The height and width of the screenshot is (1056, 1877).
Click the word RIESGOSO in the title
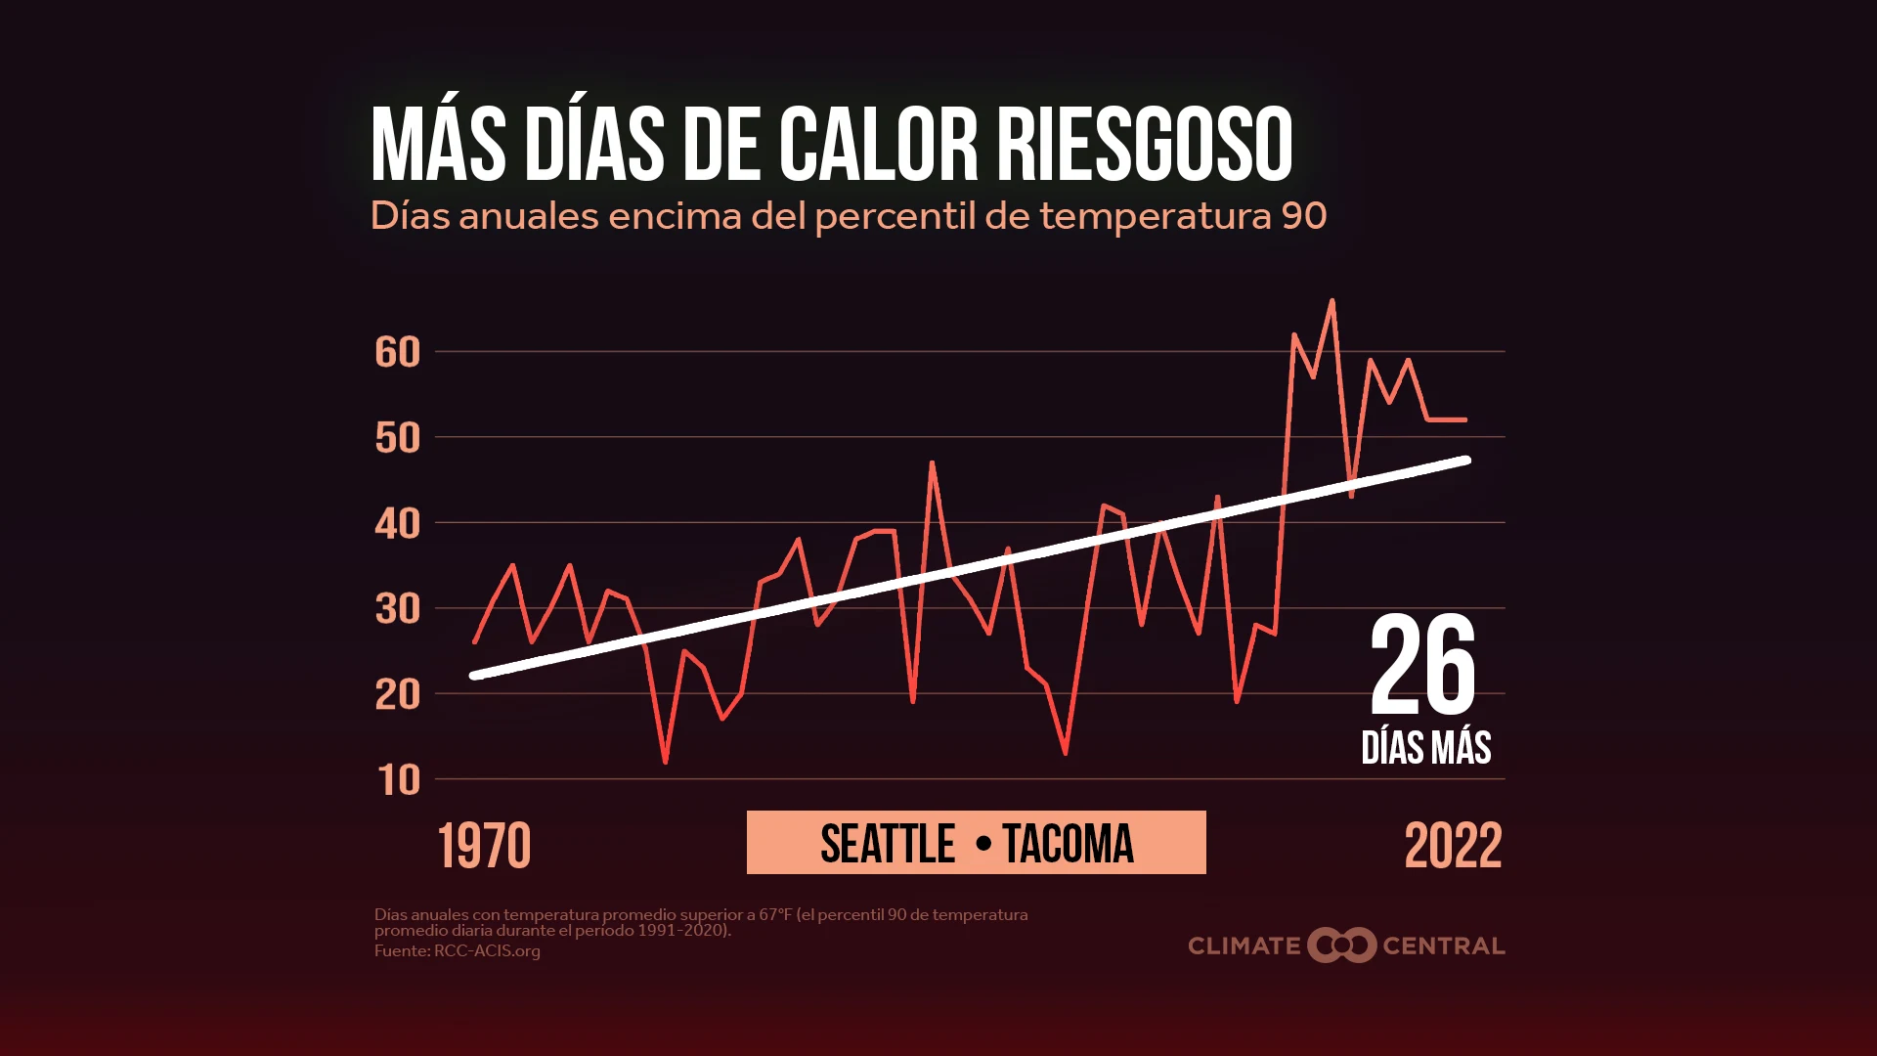point(1144,145)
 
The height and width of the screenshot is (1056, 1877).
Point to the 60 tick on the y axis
point(397,352)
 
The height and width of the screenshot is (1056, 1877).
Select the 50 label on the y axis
point(397,438)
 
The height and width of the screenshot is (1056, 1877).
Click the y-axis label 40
point(397,524)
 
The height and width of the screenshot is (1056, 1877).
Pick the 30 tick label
point(397,609)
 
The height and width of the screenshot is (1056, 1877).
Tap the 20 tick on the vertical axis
point(397,695)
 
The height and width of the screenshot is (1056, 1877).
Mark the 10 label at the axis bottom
point(399,780)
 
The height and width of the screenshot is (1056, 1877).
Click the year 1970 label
point(484,846)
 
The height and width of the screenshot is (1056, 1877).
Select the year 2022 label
point(1453,846)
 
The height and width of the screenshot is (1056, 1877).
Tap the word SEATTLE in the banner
point(888,844)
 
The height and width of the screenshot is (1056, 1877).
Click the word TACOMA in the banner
point(1068,844)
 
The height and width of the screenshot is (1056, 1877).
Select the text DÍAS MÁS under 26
point(1426,748)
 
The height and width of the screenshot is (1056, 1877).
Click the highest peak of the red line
point(1331,301)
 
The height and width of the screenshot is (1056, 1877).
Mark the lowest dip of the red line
point(666,762)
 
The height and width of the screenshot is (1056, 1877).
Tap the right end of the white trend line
point(1466,460)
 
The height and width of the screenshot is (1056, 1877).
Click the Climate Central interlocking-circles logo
point(1341,945)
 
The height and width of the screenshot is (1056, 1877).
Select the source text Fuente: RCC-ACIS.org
point(457,950)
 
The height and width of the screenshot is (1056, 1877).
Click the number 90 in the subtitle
point(1303,216)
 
